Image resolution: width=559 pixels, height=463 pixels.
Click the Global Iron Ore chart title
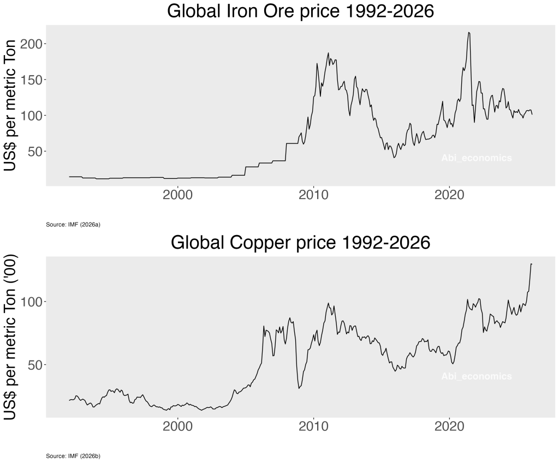[300, 11]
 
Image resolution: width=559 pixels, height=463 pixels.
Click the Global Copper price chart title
[300, 243]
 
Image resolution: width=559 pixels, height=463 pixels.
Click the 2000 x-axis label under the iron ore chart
[178, 195]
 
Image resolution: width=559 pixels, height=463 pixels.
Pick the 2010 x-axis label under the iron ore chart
[313, 195]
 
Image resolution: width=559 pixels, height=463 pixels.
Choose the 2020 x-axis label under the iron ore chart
[449, 195]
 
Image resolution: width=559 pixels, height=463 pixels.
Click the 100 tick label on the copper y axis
[33, 302]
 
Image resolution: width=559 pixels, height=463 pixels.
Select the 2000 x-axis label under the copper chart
[178, 426]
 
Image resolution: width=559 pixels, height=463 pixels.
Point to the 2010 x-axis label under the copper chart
[313, 426]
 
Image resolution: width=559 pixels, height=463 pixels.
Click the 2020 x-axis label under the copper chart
[449, 426]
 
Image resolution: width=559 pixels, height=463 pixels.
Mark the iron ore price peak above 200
[469, 33]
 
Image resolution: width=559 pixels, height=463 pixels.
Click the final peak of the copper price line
[531, 264]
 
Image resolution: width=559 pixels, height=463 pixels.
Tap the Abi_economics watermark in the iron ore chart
[477, 158]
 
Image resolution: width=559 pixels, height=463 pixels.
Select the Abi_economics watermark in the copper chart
[477, 376]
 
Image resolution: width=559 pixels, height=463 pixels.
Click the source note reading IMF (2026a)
[73, 225]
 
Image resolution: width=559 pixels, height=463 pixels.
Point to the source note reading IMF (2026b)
[73, 456]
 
